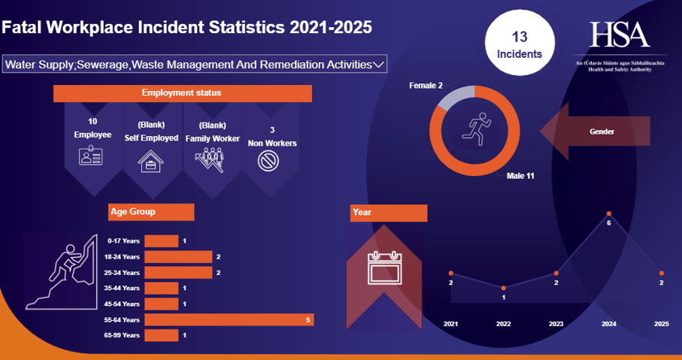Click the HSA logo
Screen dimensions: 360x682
pos(620,35)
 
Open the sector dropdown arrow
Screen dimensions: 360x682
pos(379,65)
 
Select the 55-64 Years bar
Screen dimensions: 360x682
pos(229,320)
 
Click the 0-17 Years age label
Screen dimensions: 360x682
pos(123,241)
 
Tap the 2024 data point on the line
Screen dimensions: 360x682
pos(609,214)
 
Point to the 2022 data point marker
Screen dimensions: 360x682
pos(504,288)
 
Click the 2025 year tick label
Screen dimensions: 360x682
pos(661,323)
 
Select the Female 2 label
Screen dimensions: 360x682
pos(426,86)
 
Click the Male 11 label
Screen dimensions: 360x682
pos(520,176)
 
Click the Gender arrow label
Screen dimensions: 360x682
pos(602,132)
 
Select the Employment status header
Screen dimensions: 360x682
pos(182,93)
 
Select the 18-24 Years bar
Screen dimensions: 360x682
pos(178,257)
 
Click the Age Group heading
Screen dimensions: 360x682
pos(151,212)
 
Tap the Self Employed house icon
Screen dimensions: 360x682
pos(151,161)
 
